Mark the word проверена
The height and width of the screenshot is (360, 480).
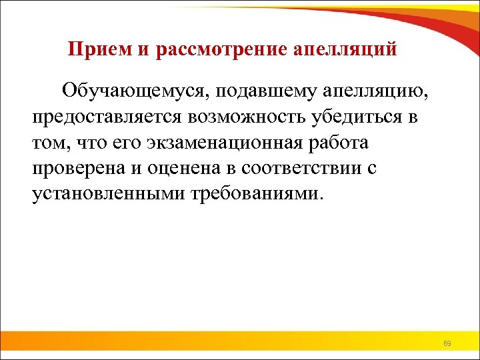[x=79, y=168]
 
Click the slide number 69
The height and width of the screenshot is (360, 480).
[x=447, y=344]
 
